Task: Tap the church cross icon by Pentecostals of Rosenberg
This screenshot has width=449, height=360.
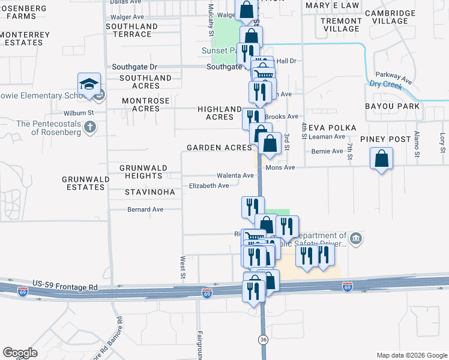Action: (89, 127)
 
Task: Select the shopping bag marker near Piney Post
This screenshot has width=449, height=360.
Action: (382, 160)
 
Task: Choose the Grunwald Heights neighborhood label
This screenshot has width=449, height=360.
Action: (141, 172)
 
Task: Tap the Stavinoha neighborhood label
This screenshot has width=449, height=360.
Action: (150, 193)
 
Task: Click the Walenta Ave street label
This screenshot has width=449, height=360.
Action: (235, 175)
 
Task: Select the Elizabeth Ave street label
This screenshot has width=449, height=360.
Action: (209, 186)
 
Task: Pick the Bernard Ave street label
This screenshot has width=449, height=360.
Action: (145, 209)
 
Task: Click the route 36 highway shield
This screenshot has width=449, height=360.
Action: (263, 340)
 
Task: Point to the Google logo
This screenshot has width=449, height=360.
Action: (20, 353)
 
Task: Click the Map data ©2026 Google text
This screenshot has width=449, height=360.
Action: (411, 355)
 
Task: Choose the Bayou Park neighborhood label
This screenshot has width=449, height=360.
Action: (391, 106)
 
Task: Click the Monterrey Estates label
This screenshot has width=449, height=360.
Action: (25, 39)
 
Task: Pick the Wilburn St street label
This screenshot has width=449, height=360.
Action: (79, 112)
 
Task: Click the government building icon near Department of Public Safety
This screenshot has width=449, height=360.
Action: (356, 239)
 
